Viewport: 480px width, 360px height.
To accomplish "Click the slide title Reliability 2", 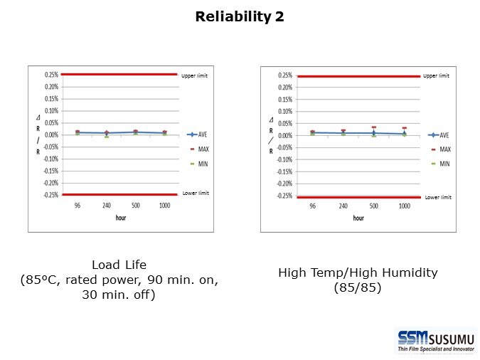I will tap(240, 16).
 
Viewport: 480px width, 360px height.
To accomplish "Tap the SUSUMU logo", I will tap(436, 340).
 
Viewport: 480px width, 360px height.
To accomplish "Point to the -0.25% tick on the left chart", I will tap(50, 194).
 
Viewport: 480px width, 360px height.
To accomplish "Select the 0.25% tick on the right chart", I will tap(284, 75).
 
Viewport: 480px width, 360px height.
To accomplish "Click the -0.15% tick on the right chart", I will tap(284, 171).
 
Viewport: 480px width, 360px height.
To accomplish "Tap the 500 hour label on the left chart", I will tap(135, 205).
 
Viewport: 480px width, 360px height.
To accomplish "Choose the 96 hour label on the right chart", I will tap(312, 206).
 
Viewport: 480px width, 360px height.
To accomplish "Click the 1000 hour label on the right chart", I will tap(404, 206).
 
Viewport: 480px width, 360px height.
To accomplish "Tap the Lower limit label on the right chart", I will tap(437, 197).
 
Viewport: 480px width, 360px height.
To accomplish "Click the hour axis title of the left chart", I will tap(121, 218).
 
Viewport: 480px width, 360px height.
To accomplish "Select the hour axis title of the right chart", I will tap(358, 218).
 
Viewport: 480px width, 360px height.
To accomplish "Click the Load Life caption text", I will tap(119, 265).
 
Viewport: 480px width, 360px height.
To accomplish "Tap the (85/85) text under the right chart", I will tap(358, 288).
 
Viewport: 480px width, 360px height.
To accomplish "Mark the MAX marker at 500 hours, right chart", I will tap(373, 127).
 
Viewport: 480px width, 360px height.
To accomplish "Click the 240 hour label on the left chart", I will tap(106, 205).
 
